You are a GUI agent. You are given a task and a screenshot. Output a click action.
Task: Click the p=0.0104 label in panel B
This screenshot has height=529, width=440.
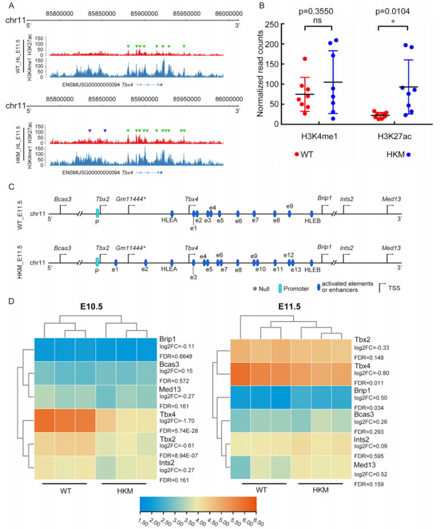point(393,10)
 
